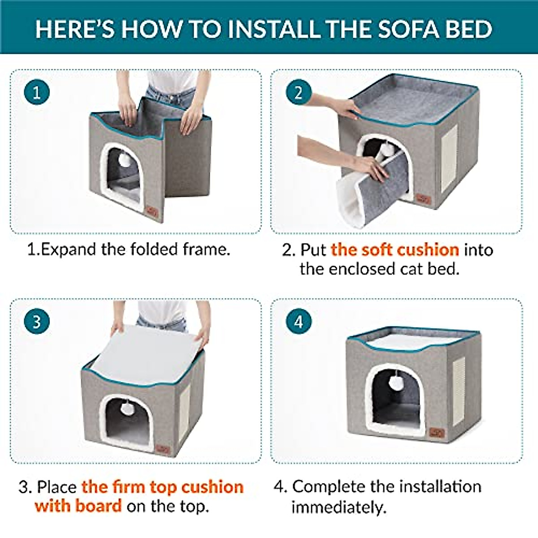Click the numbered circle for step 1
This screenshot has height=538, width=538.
point(37,92)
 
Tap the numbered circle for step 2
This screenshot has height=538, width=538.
point(299,92)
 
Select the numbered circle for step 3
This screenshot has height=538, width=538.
point(37,321)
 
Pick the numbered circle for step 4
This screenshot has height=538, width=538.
point(299,321)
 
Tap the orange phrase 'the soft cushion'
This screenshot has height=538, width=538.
point(395,249)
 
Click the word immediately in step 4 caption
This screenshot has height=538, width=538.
point(338,507)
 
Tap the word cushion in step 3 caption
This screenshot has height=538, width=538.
point(213,486)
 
